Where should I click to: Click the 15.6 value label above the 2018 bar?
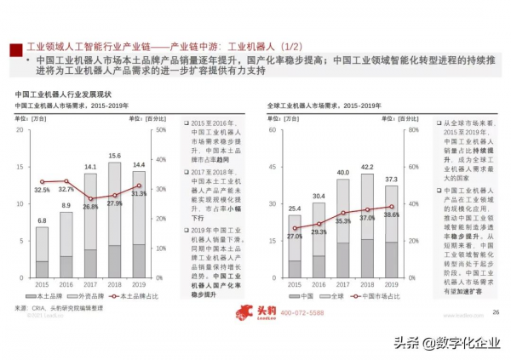click(x=113, y=157)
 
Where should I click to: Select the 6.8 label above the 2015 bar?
click(x=41, y=221)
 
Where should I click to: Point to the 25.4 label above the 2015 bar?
click(x=295, y=208)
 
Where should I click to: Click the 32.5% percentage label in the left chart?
click(x=41, y=189)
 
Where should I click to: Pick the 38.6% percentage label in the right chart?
click(x=392, y=216)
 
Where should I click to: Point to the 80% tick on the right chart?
click(x=413, y=130)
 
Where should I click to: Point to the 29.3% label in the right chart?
click(x=319, y=231)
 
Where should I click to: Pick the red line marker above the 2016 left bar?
click(x=66, y=181)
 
